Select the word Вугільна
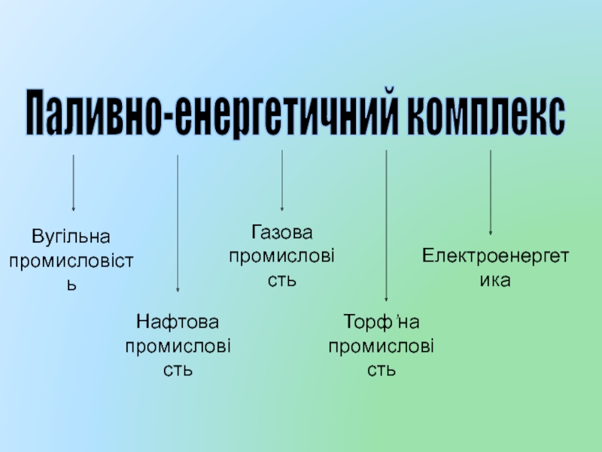tap(71, 237)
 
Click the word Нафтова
tap(178, 322)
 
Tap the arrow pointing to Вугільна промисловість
tap(73, 181)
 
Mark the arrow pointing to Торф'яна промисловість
tap(386, 226)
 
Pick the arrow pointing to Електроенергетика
tap(491, 192)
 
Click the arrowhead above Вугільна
tap(73, 208)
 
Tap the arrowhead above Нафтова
tap(178, 289)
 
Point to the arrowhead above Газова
tap(281, 208)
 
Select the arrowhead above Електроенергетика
tap(491, 232)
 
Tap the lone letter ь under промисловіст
tap(72, 286)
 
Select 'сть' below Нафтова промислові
tap(178, 371)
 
